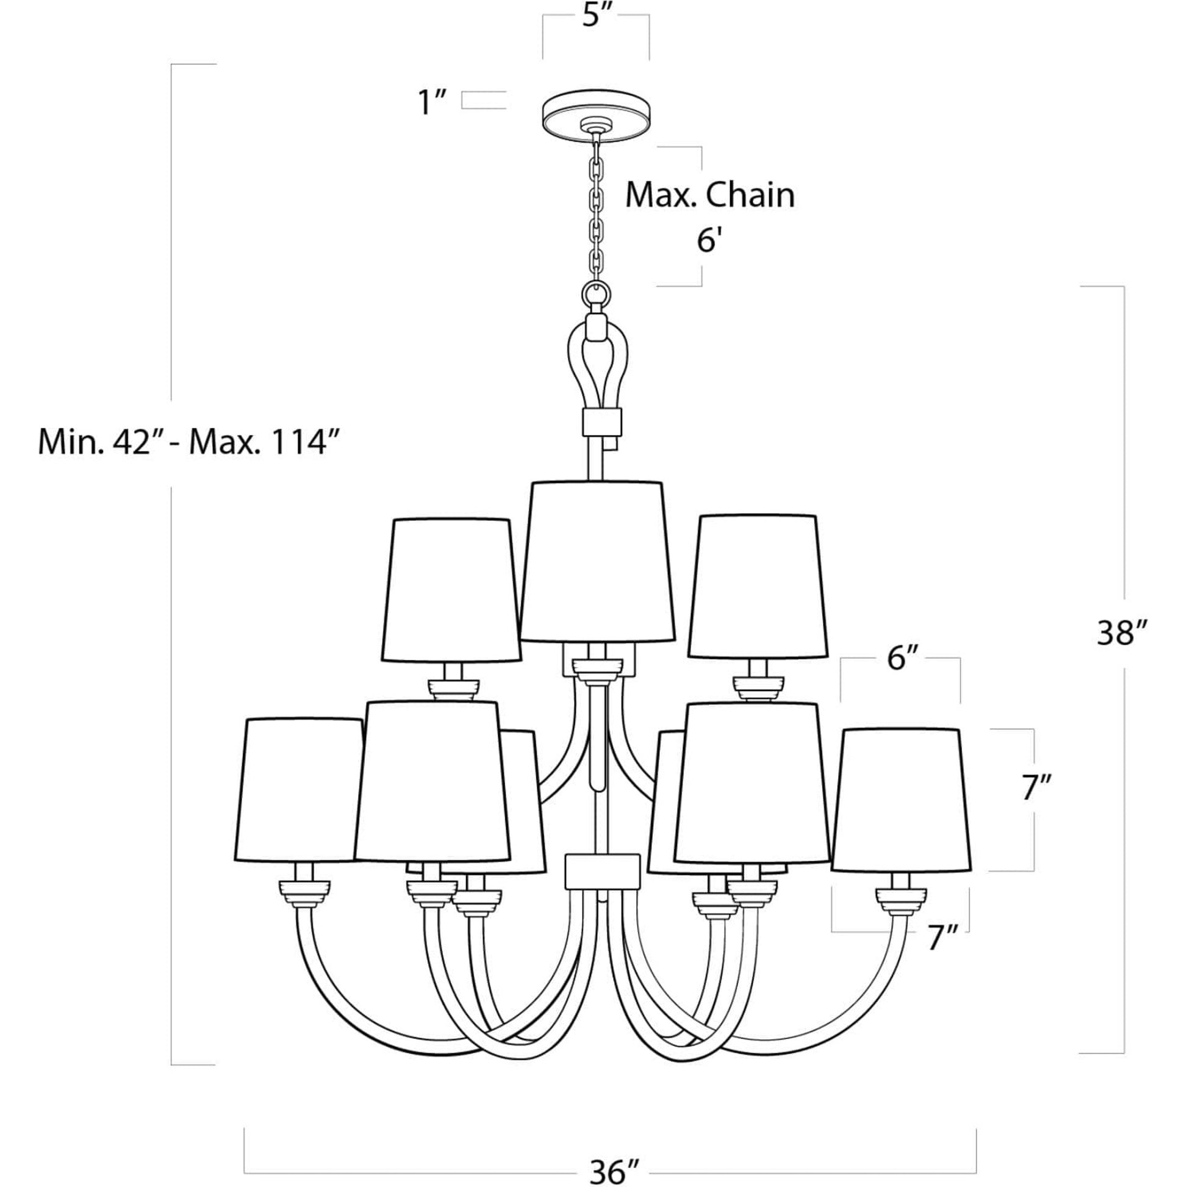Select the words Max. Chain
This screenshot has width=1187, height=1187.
(709, 195)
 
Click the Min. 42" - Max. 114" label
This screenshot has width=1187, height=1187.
(189, 442)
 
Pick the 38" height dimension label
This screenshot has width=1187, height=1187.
(1122, 632)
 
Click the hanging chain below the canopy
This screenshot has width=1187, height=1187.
(595, 209)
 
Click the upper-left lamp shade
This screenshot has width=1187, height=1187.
(451, 590)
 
